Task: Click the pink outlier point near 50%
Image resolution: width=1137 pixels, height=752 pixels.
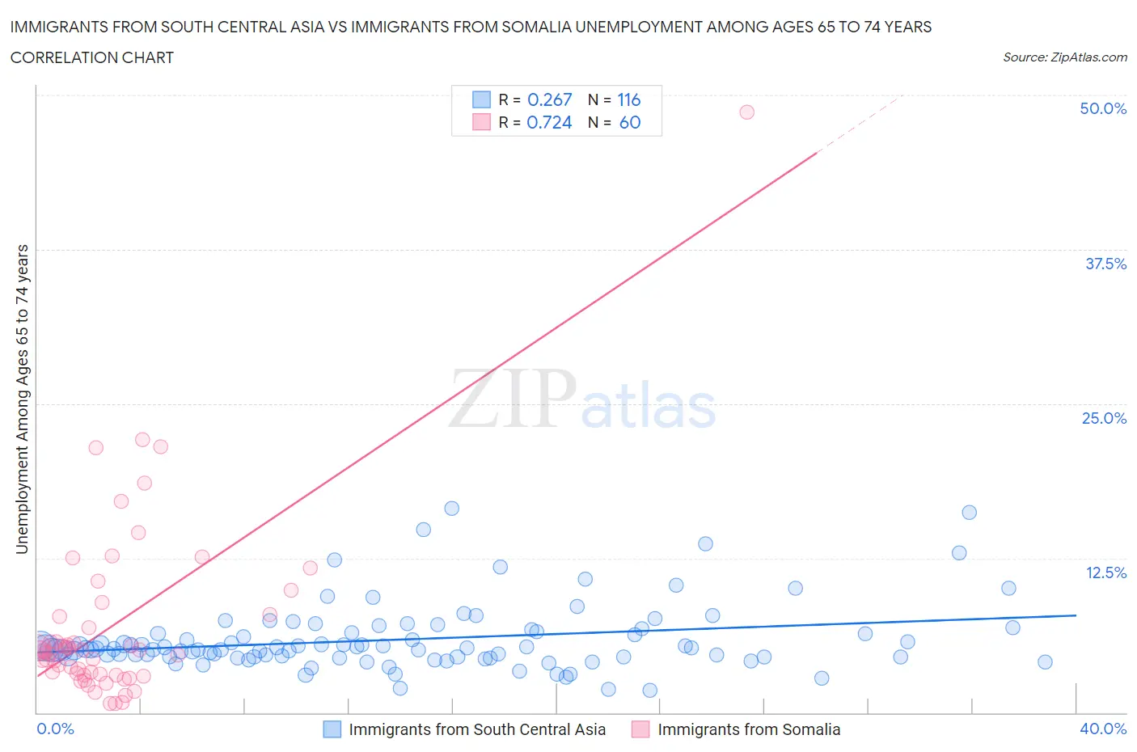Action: (746, 112)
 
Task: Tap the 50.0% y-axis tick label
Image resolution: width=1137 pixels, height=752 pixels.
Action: (1103, 108)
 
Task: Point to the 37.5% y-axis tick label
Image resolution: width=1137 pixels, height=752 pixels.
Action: (1105, 264)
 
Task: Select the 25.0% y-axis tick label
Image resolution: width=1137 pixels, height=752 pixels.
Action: (1104, 418)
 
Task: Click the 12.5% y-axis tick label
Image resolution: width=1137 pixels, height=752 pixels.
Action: (1105, 572)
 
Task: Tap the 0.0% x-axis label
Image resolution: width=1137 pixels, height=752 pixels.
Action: (55, 729)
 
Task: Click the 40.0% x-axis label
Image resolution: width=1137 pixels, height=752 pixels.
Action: (1103, 729)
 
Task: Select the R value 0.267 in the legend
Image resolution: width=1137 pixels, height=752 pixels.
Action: (549, 99)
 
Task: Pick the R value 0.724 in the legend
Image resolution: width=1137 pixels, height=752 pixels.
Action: (549, 122)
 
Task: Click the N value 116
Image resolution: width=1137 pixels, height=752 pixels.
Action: (628, 99)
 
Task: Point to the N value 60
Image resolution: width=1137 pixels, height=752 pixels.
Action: (629, 122)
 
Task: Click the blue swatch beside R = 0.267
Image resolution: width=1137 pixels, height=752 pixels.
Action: (481, 99)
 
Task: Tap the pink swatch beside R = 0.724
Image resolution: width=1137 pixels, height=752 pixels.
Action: (481, 122)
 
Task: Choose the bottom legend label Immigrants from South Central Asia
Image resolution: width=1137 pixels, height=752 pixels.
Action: (477, 729)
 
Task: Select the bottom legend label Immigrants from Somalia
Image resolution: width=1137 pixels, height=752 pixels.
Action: (749, 729)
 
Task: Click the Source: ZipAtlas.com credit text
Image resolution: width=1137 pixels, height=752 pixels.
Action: (1064, 57)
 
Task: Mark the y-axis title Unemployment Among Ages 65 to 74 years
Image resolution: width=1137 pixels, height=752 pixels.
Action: (22, 399)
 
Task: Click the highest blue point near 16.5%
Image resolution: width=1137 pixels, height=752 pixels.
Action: (451, 508)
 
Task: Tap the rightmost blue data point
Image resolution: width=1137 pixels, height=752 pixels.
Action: (1045, 661)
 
